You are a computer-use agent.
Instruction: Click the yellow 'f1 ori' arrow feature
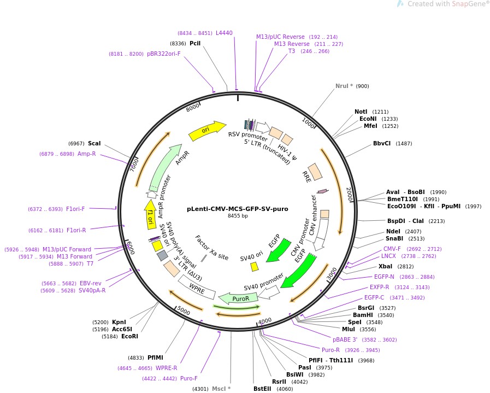coord(151,214)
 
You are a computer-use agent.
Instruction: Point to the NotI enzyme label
coord(361,112)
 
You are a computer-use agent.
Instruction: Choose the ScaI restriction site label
coord(94,143)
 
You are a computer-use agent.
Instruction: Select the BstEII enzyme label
coord(262,389)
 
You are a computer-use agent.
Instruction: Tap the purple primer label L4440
coord(224,33)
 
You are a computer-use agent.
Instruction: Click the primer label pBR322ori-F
coord(163,54)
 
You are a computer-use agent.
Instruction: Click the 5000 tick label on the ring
coord(184,312)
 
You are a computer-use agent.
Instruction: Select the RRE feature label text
coord(306,176)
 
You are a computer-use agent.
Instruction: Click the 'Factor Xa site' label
coord(212,248)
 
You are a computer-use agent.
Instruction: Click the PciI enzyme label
coord(195,43)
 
